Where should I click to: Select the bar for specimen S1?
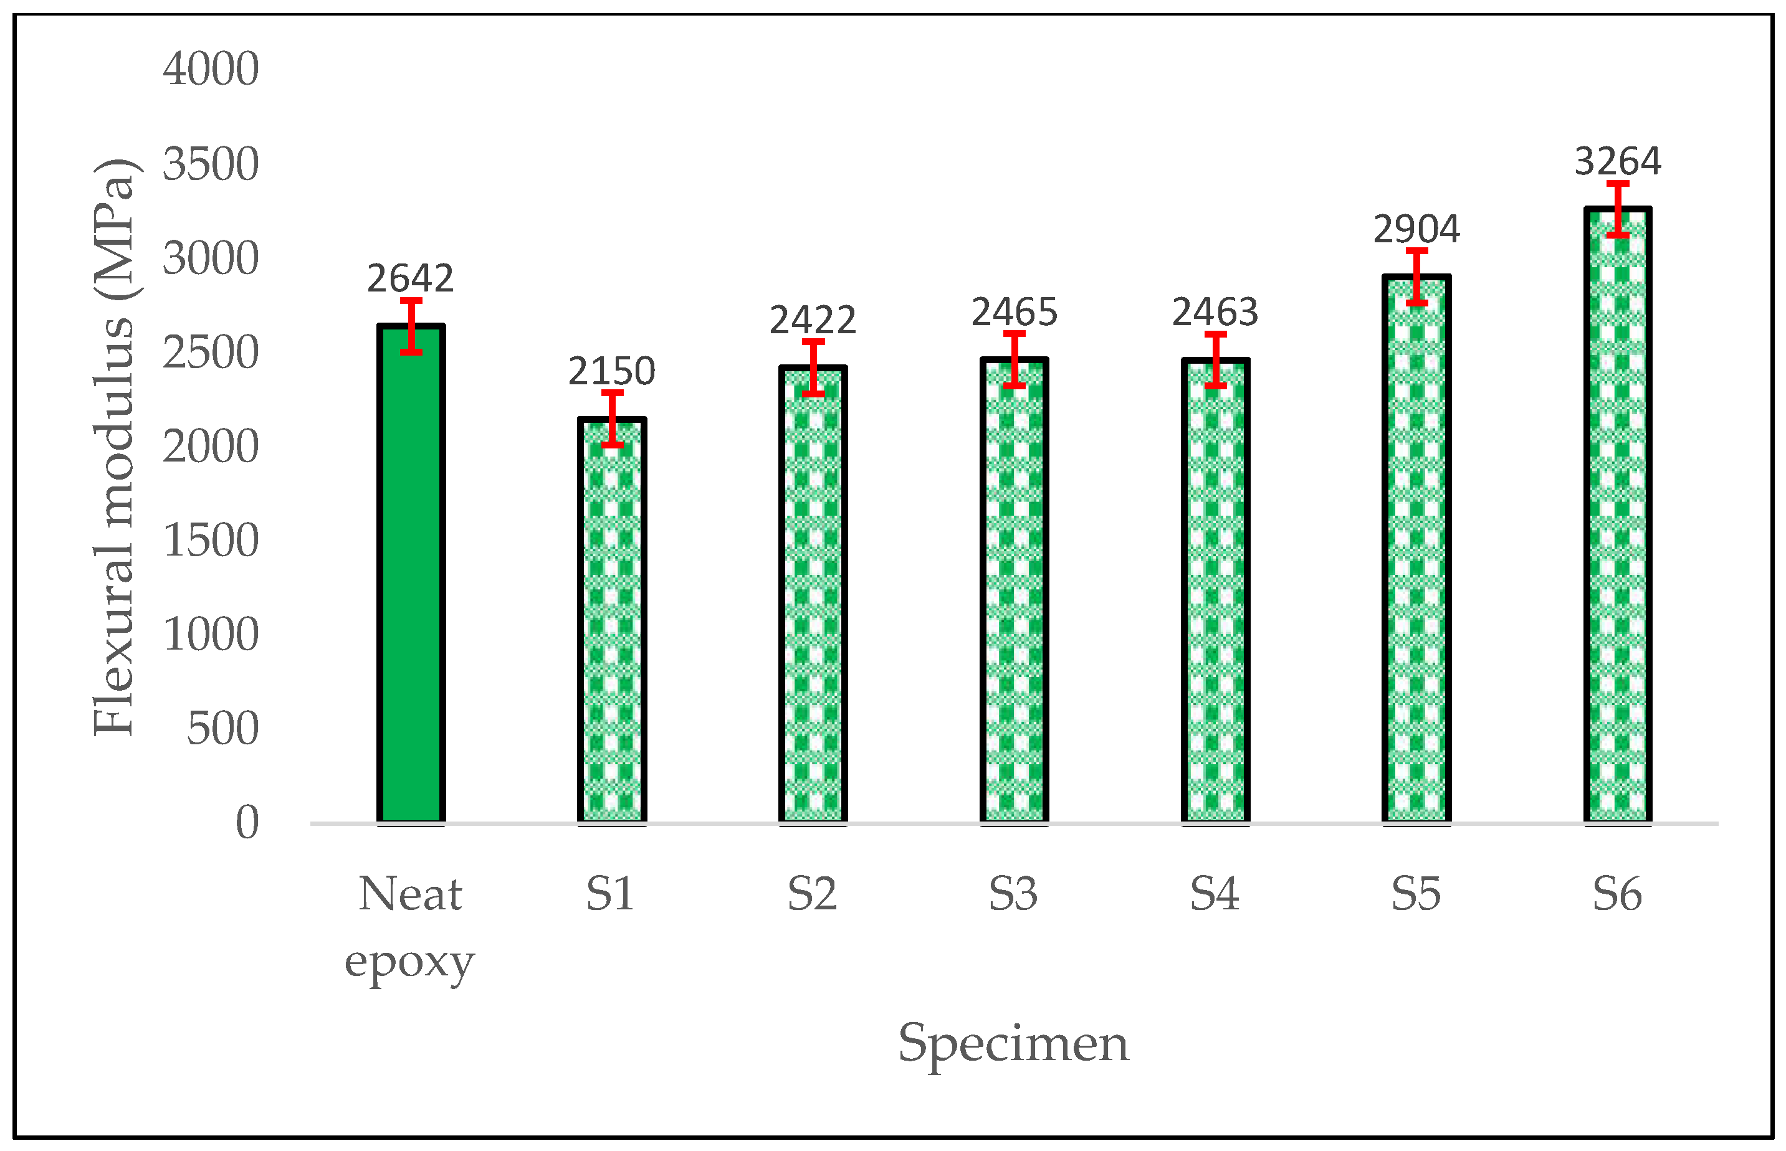point(611,620)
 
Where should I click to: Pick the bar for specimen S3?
point(1015,590)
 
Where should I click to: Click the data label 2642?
point(411,279)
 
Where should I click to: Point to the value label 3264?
point(1618,161)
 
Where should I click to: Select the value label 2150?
point(611,371)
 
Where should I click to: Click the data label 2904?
point(1416,229)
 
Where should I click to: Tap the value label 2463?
point(1215,313)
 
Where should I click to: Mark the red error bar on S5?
point(1416,277)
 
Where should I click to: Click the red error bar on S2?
point(813,367)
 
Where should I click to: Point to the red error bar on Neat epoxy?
point(411,326)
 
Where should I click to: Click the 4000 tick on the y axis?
point(211,70)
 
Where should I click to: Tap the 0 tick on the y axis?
point(247,823)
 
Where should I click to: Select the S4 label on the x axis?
point(1215,894)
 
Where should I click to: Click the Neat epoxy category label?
point(411,927)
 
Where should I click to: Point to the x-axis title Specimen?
point(1013,1043)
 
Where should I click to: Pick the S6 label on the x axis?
point(1617,894)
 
